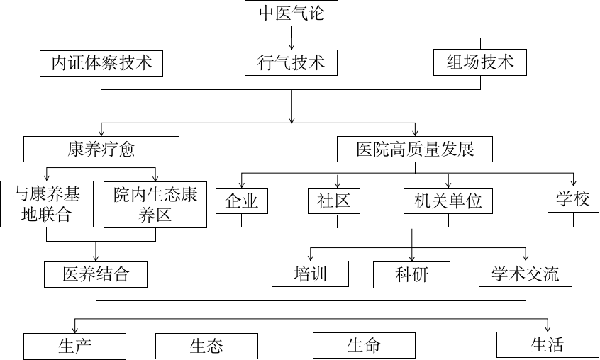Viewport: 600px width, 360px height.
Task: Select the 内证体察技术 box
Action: pyautogui.click(x=101, y=63)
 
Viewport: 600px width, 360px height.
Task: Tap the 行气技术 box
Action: pyautogui.click(x=291, y=63)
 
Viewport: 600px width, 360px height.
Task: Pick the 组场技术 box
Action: pyautogui.click(x=480, y=62)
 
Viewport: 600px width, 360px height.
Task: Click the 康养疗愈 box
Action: pyautogui.click(x=101, y=149)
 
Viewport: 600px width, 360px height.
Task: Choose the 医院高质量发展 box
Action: pyautogui.click(x=415, y=149)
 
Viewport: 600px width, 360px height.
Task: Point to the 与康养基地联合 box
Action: pyautogui.click(x=47, y=204)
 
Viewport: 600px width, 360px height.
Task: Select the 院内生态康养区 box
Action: pyautogui.click(x=155, y=204)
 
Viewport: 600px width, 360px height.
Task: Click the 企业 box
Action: pyautogui.click(x=242, y=201)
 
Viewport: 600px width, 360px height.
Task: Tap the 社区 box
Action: pyautogui.click(x=334, y=201)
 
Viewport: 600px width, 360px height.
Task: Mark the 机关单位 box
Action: pyautogui.click(x=448, y=201)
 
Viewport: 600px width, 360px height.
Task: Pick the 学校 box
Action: pyautogui.click(x=573, y=198)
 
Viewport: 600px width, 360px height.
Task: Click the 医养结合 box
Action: pyautogui.click(x=96, y=274)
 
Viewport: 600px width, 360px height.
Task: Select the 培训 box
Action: pyautogui.click(x=310, y=274)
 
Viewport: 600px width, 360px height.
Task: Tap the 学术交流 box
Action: pyautogui.click(x=525, y=274)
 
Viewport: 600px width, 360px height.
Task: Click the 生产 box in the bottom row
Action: pyautogui.click(x=74, y=346)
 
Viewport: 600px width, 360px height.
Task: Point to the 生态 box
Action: pyautogui.click(x=206, y=346)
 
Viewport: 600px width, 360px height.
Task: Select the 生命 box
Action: pyautogui.click(x=364, y=345)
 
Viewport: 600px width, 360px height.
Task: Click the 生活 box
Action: pyautogui.click(x=547, y=344)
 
